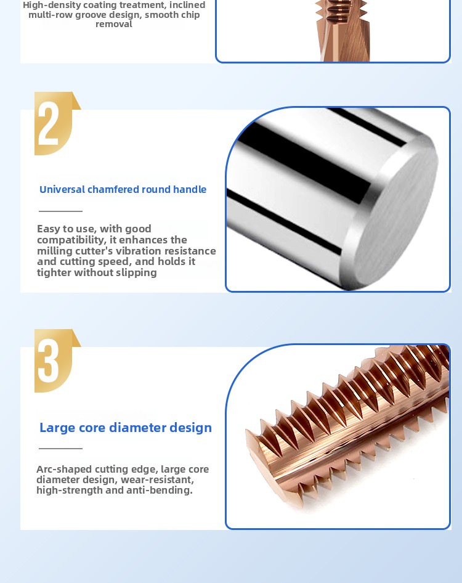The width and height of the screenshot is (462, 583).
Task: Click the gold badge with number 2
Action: click(56, 123)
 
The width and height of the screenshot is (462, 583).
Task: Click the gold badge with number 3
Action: click(56, 361)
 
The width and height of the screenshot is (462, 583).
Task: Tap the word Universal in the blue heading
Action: click(62, 189)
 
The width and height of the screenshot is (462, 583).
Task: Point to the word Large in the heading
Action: click(55, 428)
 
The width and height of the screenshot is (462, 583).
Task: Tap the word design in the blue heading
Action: click(191, 428)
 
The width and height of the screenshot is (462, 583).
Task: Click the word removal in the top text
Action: click(114, 24)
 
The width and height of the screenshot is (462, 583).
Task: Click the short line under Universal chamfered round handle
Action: click(60, 211)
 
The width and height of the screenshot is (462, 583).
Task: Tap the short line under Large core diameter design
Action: click(60, 448)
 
